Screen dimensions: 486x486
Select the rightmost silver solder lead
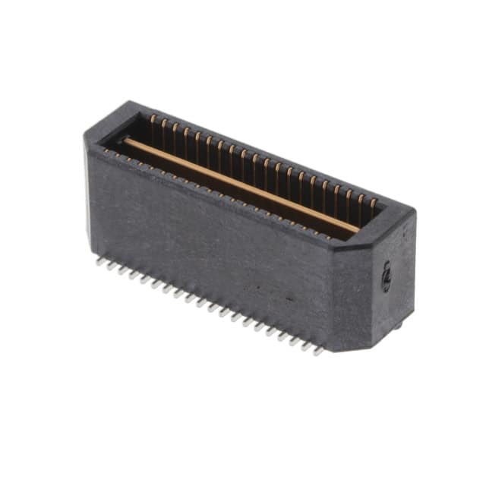click(x=317, y=352)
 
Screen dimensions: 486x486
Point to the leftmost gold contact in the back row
click(x=153, y=119)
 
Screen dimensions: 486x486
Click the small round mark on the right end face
click(x=386, y=276)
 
